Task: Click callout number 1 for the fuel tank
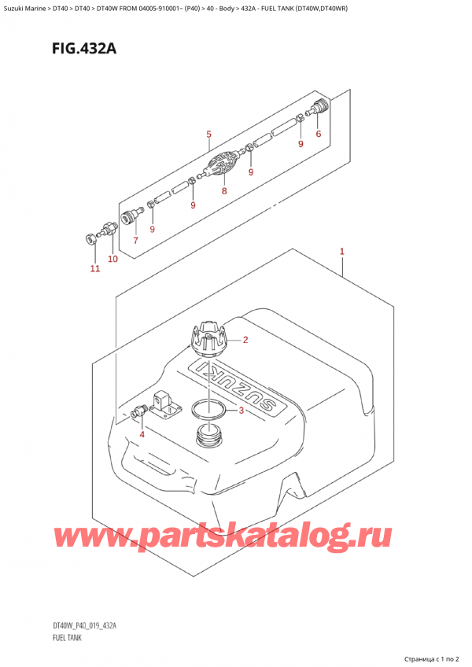click(342, 252)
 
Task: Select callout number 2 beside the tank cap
click(245, 341)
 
